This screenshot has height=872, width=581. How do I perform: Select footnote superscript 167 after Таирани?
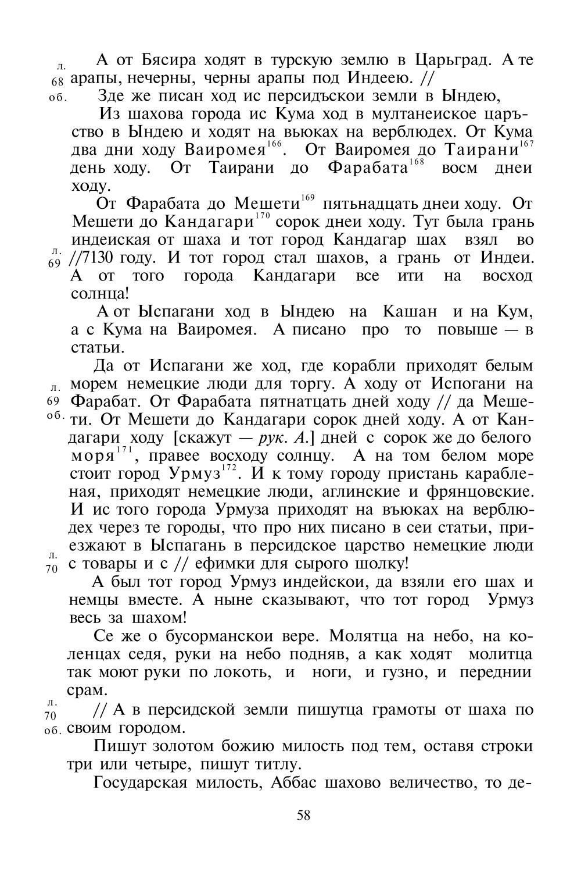526,144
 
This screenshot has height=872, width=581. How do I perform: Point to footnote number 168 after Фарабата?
417,162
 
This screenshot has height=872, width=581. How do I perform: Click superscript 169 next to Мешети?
308,199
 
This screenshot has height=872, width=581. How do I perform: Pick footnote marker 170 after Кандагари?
263,217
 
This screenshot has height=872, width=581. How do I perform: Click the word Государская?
137,781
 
